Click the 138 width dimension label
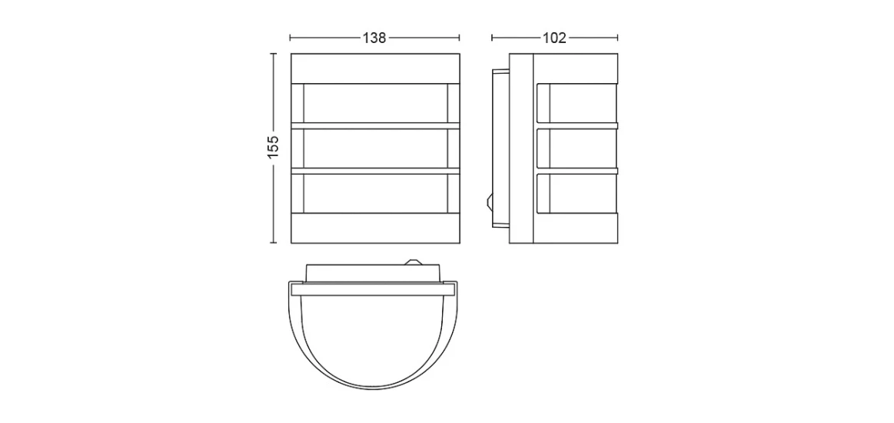[x=374, y=38]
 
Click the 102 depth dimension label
[x=554, y=38]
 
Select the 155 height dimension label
[x=274, y=147]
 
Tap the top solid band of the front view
[x=375, y=69]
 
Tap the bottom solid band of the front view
[x=375, y=228]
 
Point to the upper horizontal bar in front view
[x=375, y=125]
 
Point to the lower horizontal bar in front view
[x=375, y=171]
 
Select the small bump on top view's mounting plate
[x=412, y=262]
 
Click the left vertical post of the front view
[x=297, y=148]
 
